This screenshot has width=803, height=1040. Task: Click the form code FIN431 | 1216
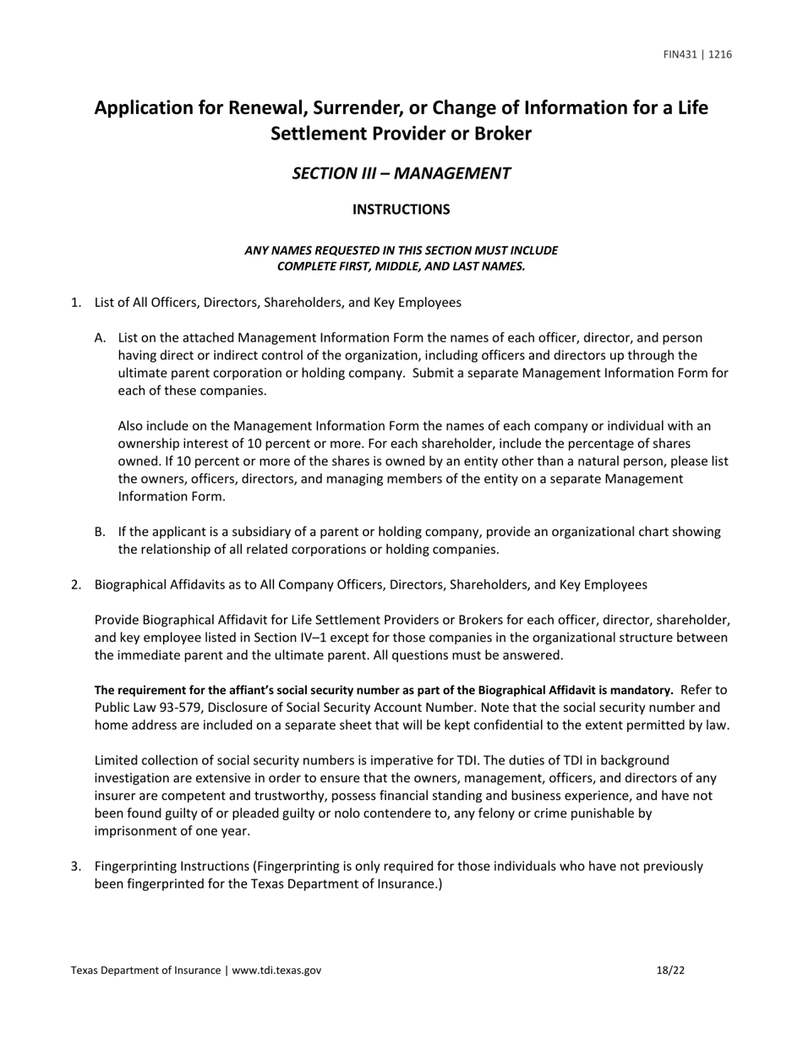tap(697, 55)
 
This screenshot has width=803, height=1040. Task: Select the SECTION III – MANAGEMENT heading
tap(401, 173)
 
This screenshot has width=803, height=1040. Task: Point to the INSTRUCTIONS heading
tap(401, 210)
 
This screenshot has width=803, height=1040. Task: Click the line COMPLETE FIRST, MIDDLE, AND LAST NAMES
tap(401, 266)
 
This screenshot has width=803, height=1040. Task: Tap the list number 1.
tap(75, 303)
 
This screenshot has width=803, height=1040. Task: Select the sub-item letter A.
tap(100, 338)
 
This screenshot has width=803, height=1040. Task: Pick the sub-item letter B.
tap(100, 532)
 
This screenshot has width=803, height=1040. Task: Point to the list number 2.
tap(75, 584)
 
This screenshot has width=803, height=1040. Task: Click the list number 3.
tap(75, 867)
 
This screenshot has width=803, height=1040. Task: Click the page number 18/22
tap(670, 971)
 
